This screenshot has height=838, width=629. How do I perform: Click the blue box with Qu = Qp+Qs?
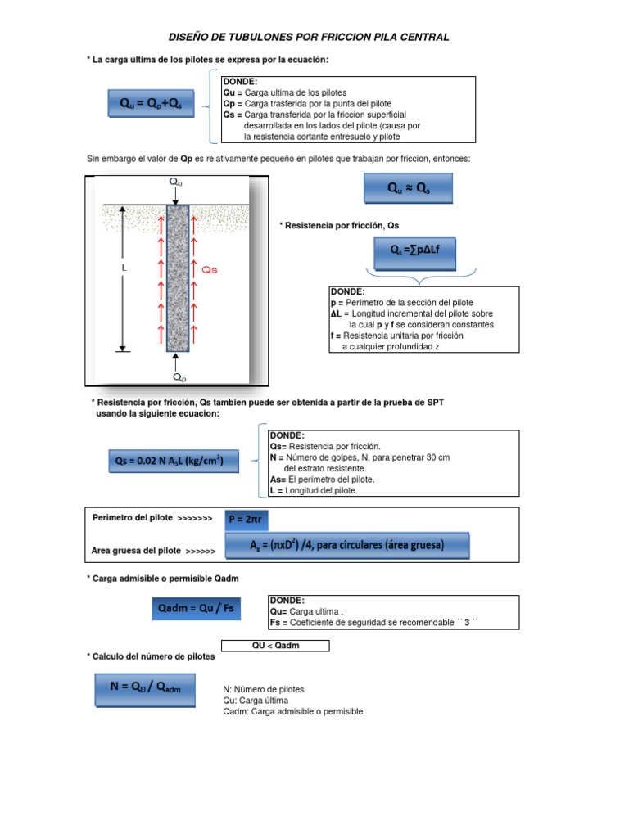pyautogui.click(x=151, y=105)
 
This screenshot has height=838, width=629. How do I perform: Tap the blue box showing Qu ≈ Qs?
pyautogui.click(x=408, y=188)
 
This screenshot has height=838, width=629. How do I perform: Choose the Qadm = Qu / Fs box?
pyautogui.click(x=197, y=609)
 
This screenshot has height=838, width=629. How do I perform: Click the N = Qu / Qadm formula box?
pyautogui.click(x=151, y=688)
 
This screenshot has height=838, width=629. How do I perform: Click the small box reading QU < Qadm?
pyautogui.click(x=276, y=646)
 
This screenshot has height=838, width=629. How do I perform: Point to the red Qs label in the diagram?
pyautogui.click(x=210, y=268)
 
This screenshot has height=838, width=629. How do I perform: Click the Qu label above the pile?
pyautogui.click(x=176, y=182)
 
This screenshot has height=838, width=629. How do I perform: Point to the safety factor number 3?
pyautogui.click(x=466, y=622)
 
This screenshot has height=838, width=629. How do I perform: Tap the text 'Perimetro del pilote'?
pyautogui.click(x=132, y=518)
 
